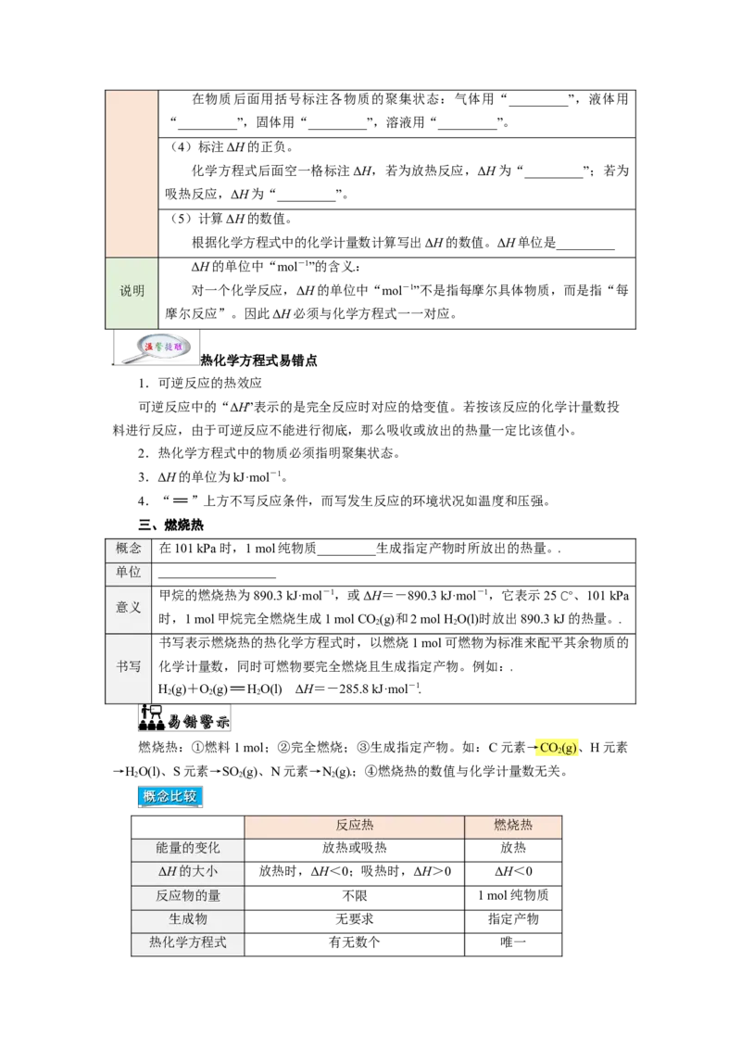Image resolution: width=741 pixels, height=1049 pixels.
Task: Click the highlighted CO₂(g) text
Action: [x=558, y=747]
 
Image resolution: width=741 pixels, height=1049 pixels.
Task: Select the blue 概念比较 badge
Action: [x=170, y=796]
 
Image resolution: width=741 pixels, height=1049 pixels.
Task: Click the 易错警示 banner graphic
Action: [x=184, y=718]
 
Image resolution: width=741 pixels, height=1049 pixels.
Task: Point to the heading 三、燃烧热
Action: [x=170, y=524]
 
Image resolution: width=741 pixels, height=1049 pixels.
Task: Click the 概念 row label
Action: [x=129, y=549]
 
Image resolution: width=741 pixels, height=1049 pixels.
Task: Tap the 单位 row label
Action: [x=129, y=572]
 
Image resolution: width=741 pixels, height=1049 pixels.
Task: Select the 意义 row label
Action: [x=129, y=608]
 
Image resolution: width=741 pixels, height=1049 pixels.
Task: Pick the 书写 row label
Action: [x=129, y=666]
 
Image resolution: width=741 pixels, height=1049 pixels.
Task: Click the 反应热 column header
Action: [x=355, y=826]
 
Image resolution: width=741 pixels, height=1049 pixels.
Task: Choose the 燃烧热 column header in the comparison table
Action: [x=513, y=826]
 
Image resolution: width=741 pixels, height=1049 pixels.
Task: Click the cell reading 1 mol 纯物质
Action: [x=513, y=895]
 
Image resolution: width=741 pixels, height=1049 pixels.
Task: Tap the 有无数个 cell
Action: [x=355, y=942]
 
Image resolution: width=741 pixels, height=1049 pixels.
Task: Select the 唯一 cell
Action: [x=513, y=942]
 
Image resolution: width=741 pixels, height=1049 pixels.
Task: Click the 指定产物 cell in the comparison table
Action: [x=513, y=918]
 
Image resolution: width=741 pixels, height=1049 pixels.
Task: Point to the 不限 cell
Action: [x=355, y=895]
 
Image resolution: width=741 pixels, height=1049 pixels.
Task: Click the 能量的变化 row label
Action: [x=188, y=848]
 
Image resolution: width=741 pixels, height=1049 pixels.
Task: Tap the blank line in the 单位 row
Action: [x=218, y=577]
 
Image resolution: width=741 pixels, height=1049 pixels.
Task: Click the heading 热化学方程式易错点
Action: [x=258, y=360]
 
